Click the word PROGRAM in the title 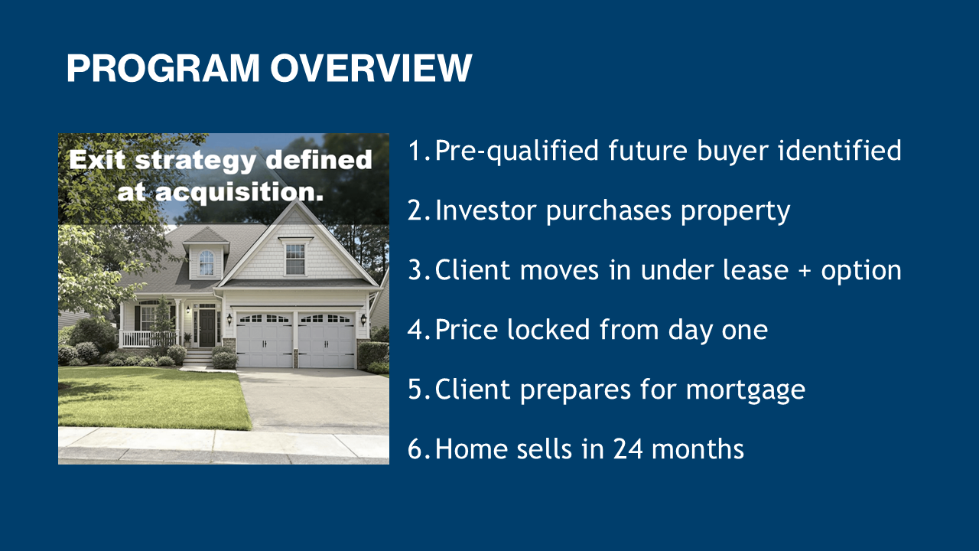coord(163,68)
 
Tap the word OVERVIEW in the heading coord(371,68)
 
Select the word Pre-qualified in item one coord(516,152)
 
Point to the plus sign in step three coord(805,271)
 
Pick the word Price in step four coord(467,329)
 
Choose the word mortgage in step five coord(745,390)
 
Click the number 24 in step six coord(628,449)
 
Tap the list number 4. coord(415,330)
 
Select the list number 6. coord(415,449)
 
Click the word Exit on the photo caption coord(97,160)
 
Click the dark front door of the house coord(207,328)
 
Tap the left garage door coord(265,341)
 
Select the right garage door coord(327,341)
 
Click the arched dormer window coord(207,262)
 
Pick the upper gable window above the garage coord(295,259)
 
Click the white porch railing coord(148,338)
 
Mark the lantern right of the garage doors coord(363,320)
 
